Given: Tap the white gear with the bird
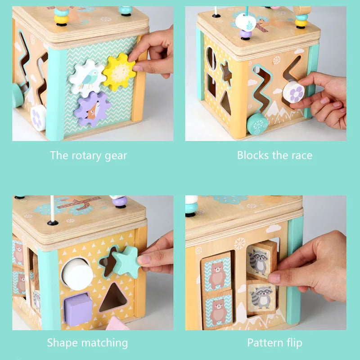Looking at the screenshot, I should point(87,78).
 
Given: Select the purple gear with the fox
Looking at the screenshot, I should point(92,109).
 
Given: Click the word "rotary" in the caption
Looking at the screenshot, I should point(88,156).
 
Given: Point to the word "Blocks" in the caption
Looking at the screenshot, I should point(253,156).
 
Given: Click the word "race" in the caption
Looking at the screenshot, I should point(301,156).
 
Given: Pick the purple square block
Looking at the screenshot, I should point(78,309).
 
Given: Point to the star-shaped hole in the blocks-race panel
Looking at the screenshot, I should point(225,74).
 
